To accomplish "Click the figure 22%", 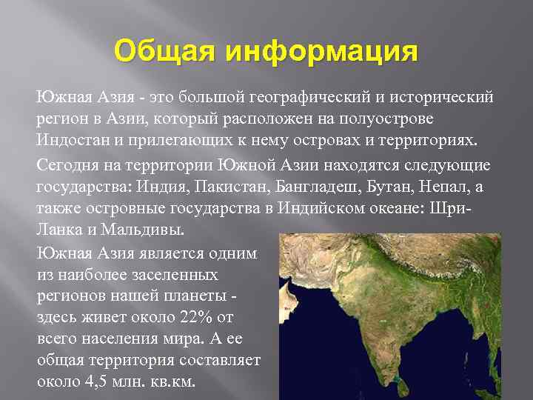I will tap(195, 317).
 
